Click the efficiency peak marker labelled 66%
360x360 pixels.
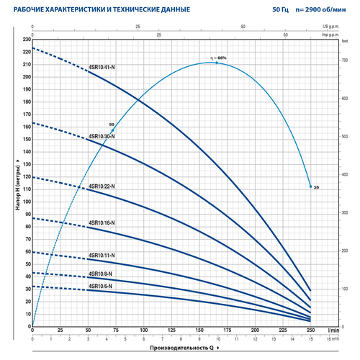(217, 63)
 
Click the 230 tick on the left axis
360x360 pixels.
(27, 40)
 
